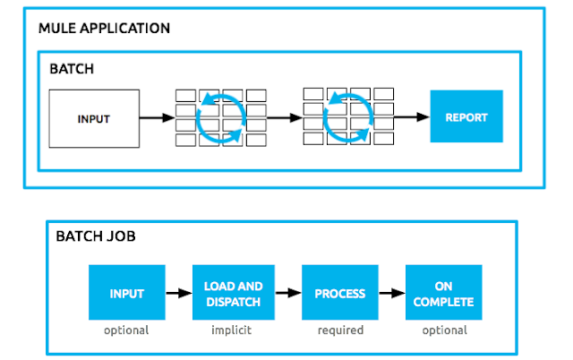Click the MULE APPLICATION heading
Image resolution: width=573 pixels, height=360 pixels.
click(104, 29)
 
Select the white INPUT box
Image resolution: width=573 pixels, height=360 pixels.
click(93, 118)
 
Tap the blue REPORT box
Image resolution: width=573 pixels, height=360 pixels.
click(466, 116)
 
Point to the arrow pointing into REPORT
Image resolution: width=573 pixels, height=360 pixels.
click(411, 116)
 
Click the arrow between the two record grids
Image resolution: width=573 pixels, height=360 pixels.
click(284, 116)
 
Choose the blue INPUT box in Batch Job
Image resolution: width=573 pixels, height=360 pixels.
click(125, 293)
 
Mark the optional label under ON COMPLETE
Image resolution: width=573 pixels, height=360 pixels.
click(444, 330)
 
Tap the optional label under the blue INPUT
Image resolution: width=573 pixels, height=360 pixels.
click(125, 330)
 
